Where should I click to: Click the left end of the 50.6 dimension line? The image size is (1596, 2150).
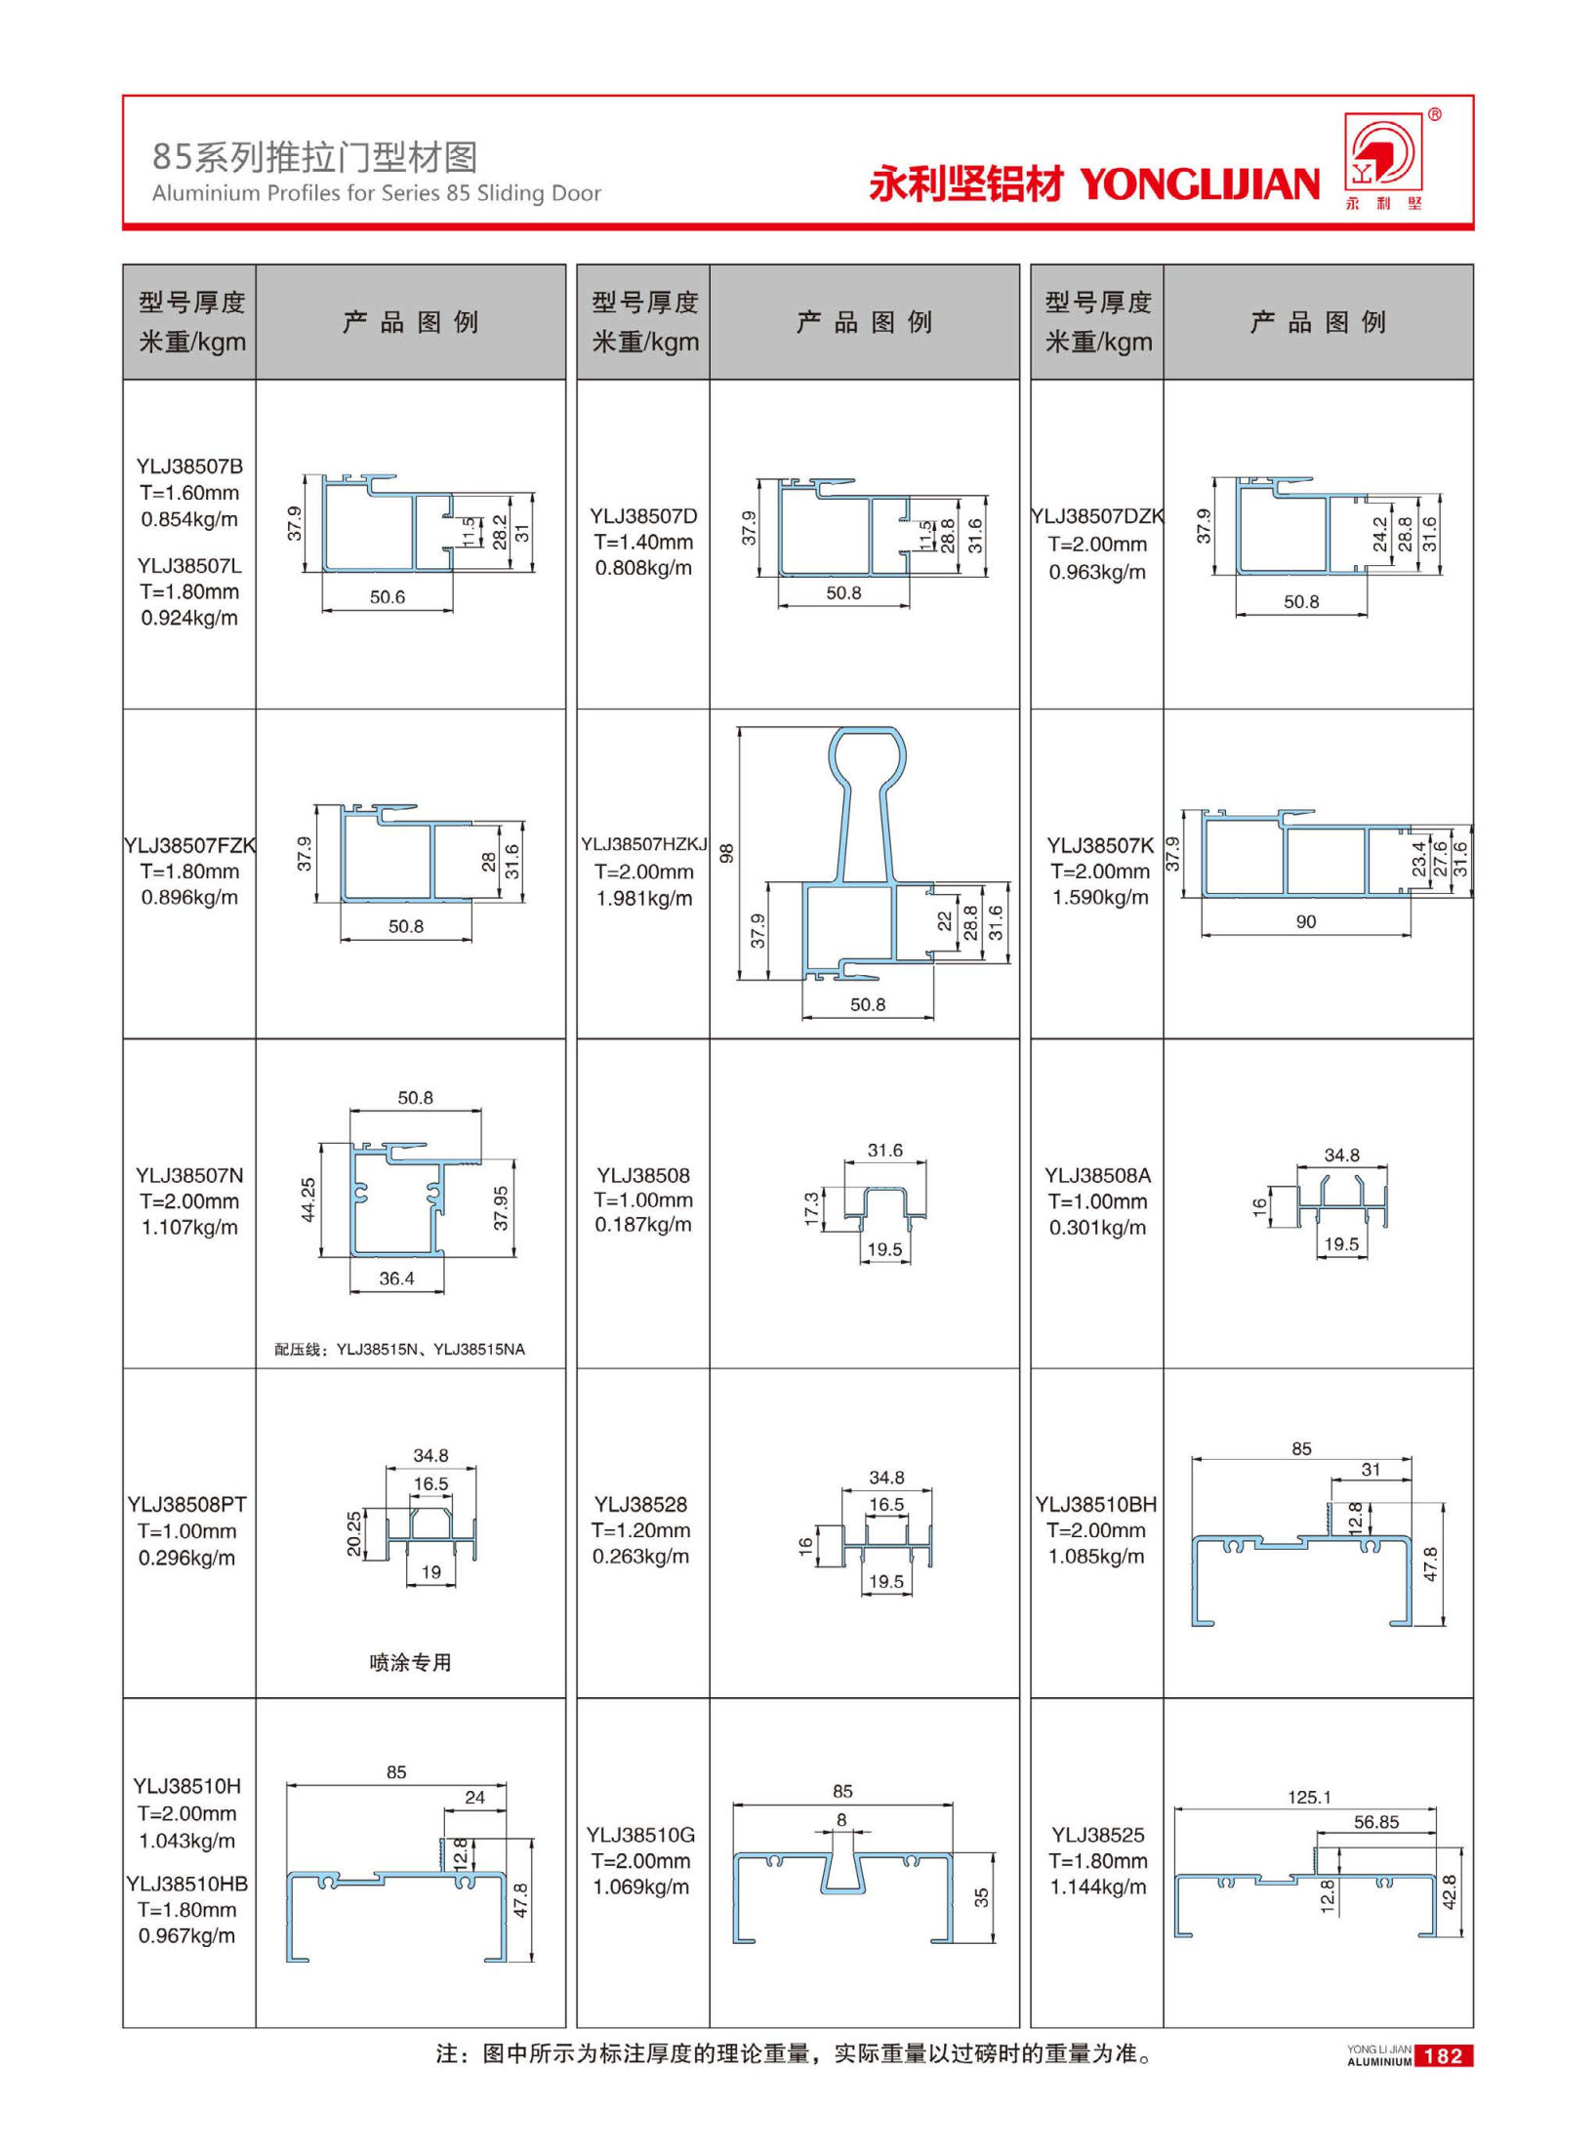coord(322,610)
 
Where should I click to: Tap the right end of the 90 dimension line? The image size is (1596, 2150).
coord(1411,934)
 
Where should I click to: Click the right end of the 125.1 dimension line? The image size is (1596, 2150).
coord(1436,1808)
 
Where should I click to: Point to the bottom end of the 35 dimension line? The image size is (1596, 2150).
coord(993,1942)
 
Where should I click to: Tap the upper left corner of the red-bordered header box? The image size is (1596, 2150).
coord(123,96)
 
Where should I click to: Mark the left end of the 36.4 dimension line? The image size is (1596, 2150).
coord(351,1292)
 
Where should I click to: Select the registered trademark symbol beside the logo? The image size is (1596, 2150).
coord(1434,115)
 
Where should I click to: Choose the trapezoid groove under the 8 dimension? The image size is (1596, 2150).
coord(842,1869)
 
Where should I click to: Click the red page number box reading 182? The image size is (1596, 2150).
coord(1443,2056)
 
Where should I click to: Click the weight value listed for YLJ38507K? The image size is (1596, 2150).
coord(1100,897)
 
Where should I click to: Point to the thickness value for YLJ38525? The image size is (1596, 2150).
coord(1098,1861)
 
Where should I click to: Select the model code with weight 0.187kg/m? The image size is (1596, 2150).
coord(643,1175)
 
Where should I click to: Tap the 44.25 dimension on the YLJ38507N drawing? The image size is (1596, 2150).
coord(308,1199)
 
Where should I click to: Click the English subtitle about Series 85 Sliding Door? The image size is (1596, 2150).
coord(377,193)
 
